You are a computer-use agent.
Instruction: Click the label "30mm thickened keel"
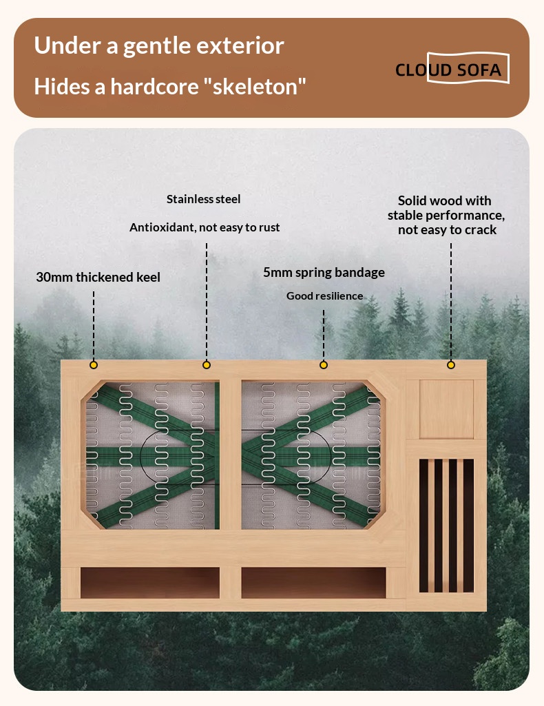[x=98, y=277]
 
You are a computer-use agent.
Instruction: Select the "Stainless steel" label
[x=203, y=199]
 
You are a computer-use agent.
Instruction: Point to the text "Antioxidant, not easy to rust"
[x=205, y=227]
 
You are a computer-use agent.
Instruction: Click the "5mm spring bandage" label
[x=324, y=272]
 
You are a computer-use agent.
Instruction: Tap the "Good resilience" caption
[x=324, y=295]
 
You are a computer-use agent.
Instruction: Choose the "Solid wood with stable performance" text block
[x=446, y=215]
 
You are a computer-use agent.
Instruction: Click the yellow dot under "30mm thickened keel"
[x=94, y=364]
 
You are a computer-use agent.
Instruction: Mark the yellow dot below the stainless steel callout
[x=207, y=364]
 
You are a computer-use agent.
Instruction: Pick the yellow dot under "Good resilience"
[x=324, y=364]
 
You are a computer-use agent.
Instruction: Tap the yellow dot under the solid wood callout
[x=451, y=364]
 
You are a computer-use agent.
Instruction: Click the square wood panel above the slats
[x=446, y=409]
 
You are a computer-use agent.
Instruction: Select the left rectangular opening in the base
[x=150, y=583]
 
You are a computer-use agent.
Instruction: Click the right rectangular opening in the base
[x=313, y=583]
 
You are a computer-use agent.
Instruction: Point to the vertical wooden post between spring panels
[x=231, y=455]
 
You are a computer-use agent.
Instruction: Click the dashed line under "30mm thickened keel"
[x=94, y=325]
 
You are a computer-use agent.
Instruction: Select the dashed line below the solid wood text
[x=451, y=301]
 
